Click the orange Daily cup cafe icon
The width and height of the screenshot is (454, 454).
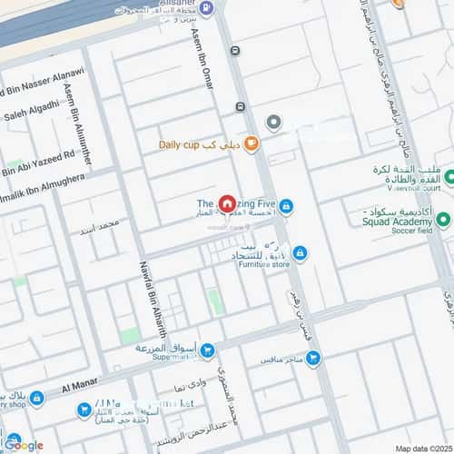click(251, 143)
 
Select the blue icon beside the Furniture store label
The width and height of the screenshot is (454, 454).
click(300, 253)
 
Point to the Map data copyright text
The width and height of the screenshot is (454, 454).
click(423, 447)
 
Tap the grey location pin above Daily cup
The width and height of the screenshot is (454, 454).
click(273, 122)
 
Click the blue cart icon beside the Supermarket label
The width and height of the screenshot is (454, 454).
click(207, 350)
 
